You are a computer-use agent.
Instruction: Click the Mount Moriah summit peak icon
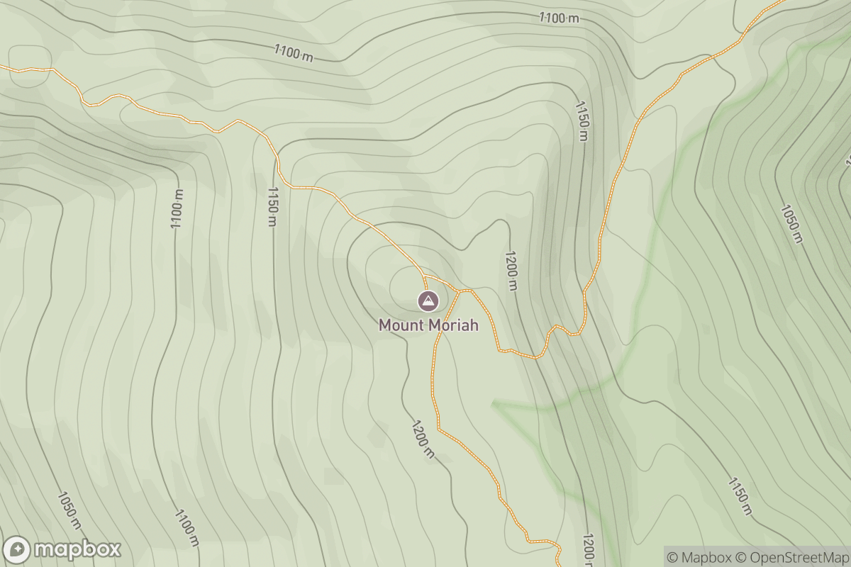[x=428, y=301]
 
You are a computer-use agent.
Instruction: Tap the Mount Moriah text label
[x=428, y=325]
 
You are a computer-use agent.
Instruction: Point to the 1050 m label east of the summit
[x=791, y=223]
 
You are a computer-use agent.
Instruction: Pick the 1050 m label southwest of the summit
[x=69, y=510]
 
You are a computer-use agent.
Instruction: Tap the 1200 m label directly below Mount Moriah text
[x=421, y=439]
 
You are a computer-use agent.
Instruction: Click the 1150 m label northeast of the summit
[x=582, y=120]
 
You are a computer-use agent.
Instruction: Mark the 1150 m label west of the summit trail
[x=272, y=206]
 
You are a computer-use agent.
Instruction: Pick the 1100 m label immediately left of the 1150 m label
[x=177, y=209]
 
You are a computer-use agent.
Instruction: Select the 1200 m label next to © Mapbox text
[x=588, y=549]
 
